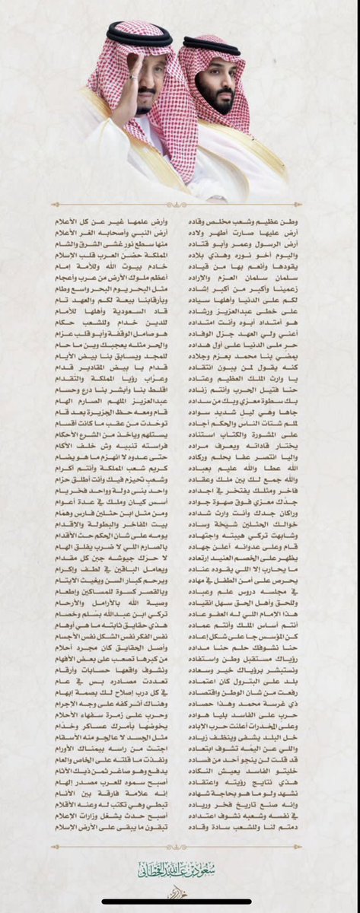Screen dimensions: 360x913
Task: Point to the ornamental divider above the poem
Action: [180, 204]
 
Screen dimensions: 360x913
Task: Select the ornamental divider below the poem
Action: [180, 846]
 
